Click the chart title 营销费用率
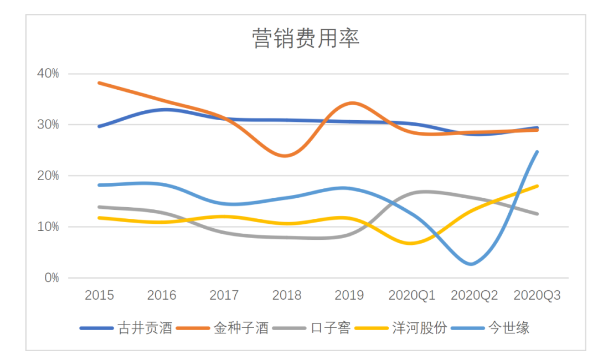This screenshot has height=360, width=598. click(306, 39)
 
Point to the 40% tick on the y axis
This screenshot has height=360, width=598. click(48, 74)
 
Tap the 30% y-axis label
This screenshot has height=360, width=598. click(48, 125)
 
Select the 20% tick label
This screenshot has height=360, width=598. click(48, 176)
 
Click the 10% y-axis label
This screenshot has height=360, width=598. click(48, 227)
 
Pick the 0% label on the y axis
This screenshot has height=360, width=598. click(51, 278)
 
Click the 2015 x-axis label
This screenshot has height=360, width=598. click(99, 296)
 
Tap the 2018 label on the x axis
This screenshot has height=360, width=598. click(287, 296)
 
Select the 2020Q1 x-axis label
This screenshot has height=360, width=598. click(412, 296)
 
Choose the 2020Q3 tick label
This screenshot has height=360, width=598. click(537, 296)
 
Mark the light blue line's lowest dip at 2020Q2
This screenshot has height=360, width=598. click(471, 264)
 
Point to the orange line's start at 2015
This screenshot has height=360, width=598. click(99, 83)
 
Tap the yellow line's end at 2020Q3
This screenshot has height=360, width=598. click(537, 186)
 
